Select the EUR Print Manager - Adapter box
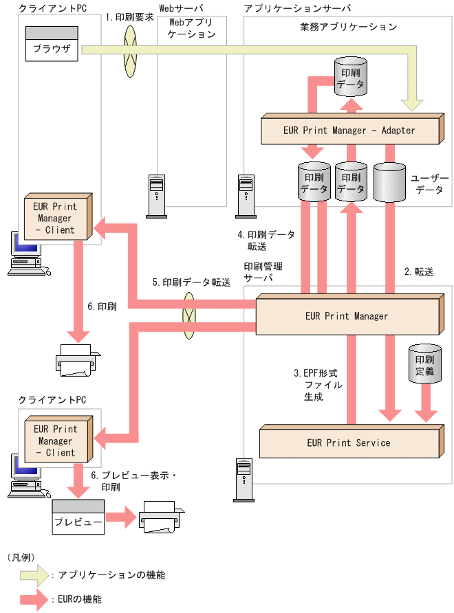tap(349, 129)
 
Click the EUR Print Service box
tap(349, 443)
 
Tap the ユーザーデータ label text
tap(430, 183)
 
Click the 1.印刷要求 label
tap(130, 17)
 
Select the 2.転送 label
tap(419, 272)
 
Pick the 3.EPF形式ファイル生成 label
tap(318, 385)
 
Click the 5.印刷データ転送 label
tap(191, 282)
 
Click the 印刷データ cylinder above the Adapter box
tap(351, 76)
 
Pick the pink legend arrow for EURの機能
tap(34, 599)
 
